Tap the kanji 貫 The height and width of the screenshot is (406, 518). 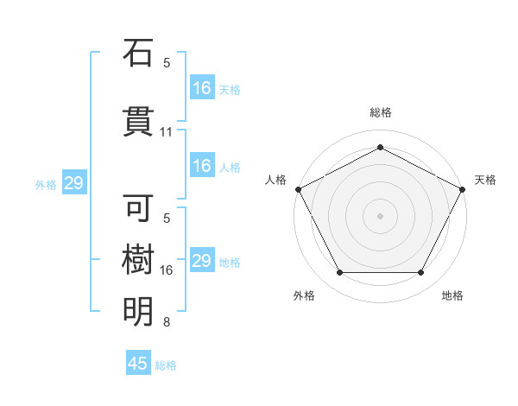pos(138,120)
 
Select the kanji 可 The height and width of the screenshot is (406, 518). pos(138,207)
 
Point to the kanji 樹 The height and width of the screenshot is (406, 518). pos(138,259)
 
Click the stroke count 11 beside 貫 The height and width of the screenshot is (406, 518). pos(167,132)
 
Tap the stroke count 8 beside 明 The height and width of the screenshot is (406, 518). pos(167,323)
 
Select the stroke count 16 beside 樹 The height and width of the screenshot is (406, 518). pos(167,270)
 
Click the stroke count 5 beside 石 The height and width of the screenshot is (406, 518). pos(167,62)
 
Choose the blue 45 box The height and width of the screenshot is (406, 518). pos(138,364)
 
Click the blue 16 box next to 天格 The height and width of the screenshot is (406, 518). pos(202,87)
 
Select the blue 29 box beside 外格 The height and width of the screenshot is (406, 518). pos(73,183)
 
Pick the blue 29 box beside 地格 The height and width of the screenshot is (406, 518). pos(202,261)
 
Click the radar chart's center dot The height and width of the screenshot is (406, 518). pos(380,215)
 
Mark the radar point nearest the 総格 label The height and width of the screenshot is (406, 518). pos(380,147)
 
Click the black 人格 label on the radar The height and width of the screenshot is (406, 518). pos(276,179)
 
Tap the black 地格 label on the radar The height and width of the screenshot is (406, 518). pos(452,295)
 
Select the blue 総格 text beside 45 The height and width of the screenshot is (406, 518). pos(166,365)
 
